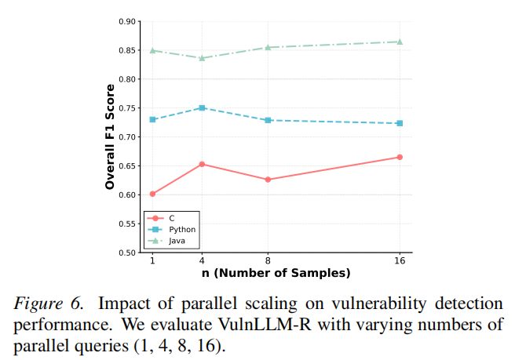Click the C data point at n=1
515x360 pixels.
(x=152, y=194)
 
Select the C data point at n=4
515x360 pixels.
(x=202, y=164)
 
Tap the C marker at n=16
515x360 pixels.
(x=400, y=157)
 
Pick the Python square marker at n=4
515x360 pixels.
(x=202, y=107)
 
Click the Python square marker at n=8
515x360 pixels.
(x=268, y=120)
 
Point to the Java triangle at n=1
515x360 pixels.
(x=152, y=50)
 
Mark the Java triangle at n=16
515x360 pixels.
(x=400, y=42)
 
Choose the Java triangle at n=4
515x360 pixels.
(x=202, y=57)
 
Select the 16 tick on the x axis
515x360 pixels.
(x=400, y=261)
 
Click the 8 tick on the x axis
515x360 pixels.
(x=268, y=261)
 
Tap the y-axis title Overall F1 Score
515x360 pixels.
(x=110, y=137)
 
